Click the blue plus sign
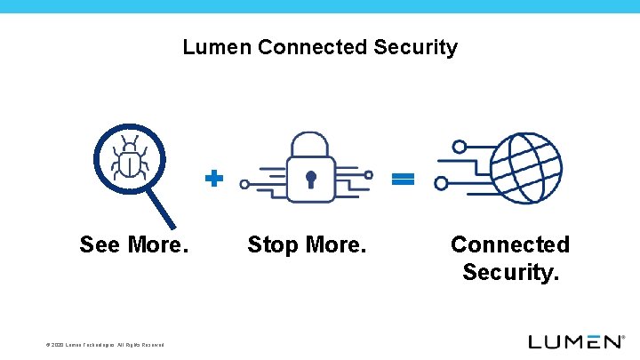[x=213, y=179]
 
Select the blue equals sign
[x=403, y=179]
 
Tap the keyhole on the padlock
[x=310, y=180]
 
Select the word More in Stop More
[x=335, y=244]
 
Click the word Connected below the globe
[x=510, y=244]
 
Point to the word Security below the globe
[x=510, y=272]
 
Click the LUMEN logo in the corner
[x=576, y=341]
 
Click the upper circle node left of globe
[x=459, y=147]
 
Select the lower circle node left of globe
[x=442, y=184]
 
